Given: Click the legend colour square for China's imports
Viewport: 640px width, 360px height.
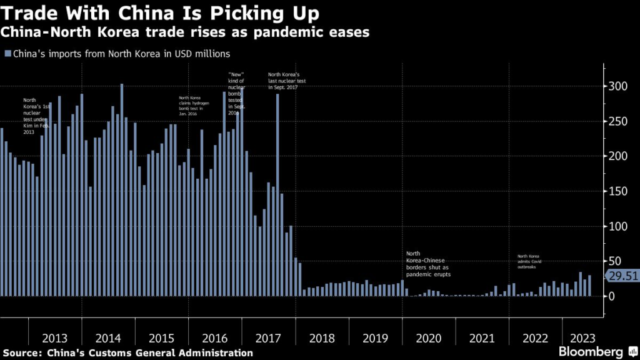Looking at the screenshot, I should tap(7, 54).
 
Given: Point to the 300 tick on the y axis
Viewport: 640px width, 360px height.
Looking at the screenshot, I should tap(616, 86).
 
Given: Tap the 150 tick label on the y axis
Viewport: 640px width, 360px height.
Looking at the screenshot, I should tap(616, 191).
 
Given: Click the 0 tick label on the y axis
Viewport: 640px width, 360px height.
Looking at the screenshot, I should tap(612, 296).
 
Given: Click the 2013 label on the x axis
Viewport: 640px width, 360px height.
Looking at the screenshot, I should tap(55, 338).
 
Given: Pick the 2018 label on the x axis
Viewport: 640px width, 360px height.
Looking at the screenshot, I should tap(322, 338).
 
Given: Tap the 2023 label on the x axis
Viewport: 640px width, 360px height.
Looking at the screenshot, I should tap(577, 338).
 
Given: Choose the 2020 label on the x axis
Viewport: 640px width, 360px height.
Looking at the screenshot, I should tap(429, 338).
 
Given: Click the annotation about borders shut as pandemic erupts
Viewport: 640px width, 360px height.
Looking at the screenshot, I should tap(428, 263).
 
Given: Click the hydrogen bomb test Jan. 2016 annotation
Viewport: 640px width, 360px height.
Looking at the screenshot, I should tap(194, 107).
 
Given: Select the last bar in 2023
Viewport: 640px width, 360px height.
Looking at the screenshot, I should tap(589, 286).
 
